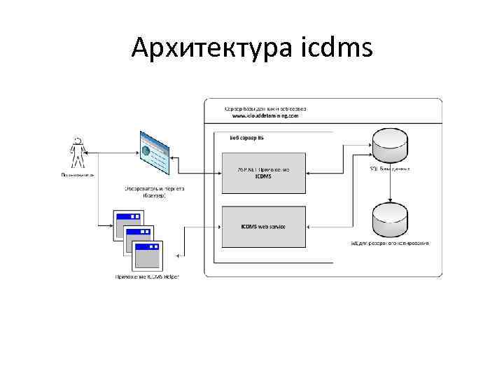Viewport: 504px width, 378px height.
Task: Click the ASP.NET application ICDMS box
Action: coord(263,172)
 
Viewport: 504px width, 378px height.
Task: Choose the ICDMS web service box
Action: coord(263,226)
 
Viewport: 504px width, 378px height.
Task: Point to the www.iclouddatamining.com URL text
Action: coord(260,116)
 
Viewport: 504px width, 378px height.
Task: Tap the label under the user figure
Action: coord(78,174)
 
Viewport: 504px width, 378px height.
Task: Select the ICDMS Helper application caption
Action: coord(147,276)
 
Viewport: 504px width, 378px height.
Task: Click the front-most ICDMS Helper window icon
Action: coord(148,255)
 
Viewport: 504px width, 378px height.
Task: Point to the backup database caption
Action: coord(390,243)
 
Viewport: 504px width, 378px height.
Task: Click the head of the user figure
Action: coord(78,142)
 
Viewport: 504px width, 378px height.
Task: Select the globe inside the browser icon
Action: coord(146,149)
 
